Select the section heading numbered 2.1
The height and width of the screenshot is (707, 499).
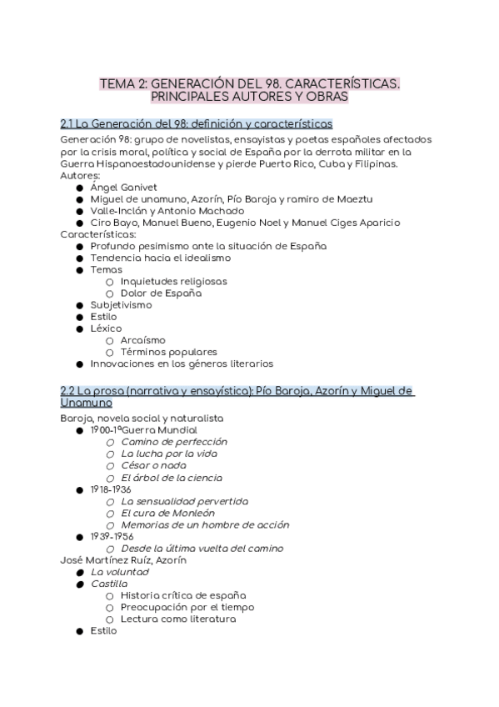tap(197, 123)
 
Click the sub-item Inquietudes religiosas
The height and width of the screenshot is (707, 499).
tap(173, 282)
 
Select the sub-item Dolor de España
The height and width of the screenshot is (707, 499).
tap(161, 293)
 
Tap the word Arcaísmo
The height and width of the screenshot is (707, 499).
tap(142, 340)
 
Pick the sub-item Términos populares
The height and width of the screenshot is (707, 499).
tap(168, 352)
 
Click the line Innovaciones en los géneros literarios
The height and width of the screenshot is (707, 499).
tap(182, 364)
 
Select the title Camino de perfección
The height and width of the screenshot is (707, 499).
tap(174, 442)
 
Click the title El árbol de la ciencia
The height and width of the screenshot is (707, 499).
tap(171, 477)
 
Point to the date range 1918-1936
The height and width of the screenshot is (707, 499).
tap(111, 489)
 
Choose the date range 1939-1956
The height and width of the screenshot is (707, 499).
tap(111, 536)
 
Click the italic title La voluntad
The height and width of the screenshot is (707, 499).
tap(120, 572)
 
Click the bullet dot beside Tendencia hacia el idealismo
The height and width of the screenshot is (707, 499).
tap(79, 258)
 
